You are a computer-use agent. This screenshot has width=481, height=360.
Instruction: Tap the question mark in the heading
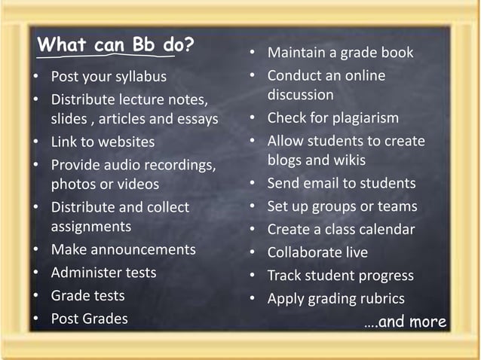click(188, 46)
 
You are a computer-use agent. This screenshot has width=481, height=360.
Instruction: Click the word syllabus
click(140, 77)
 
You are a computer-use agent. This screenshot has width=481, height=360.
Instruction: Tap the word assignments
click(90, 227)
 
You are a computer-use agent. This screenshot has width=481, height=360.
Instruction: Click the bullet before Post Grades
click(35, 319)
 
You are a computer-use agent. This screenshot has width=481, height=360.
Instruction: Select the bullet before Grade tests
click(35, 296)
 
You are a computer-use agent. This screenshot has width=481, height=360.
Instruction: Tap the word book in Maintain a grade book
click(398, 53)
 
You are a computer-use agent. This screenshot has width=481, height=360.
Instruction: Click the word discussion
click(300, 96)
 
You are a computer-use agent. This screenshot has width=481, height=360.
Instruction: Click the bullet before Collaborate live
click(255, 253)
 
